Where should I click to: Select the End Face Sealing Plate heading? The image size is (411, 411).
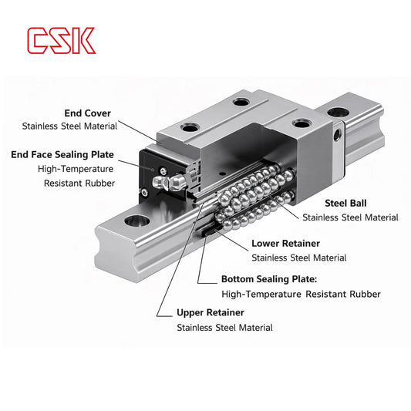[x=62, y=155]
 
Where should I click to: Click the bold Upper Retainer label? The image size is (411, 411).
[x=211, y=313]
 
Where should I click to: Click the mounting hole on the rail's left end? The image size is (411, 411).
[x=139, y=222]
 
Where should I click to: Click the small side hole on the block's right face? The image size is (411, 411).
[x=336, y=136]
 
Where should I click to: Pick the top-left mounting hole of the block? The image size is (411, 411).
[x=188, y=127]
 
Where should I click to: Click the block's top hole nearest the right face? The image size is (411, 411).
[x=299, y=122]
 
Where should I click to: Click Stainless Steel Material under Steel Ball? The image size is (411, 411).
[x=350, y=218]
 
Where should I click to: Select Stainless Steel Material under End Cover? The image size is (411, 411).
[x=69, y=126]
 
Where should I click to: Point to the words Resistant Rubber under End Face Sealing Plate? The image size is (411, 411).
[x=79, y=183]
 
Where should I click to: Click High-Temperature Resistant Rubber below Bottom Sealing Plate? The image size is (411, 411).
[x=301, y=294]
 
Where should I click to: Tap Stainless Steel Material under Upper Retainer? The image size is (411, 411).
[x=224, y=328]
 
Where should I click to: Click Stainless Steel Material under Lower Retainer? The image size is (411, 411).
[x=299, y=258]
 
